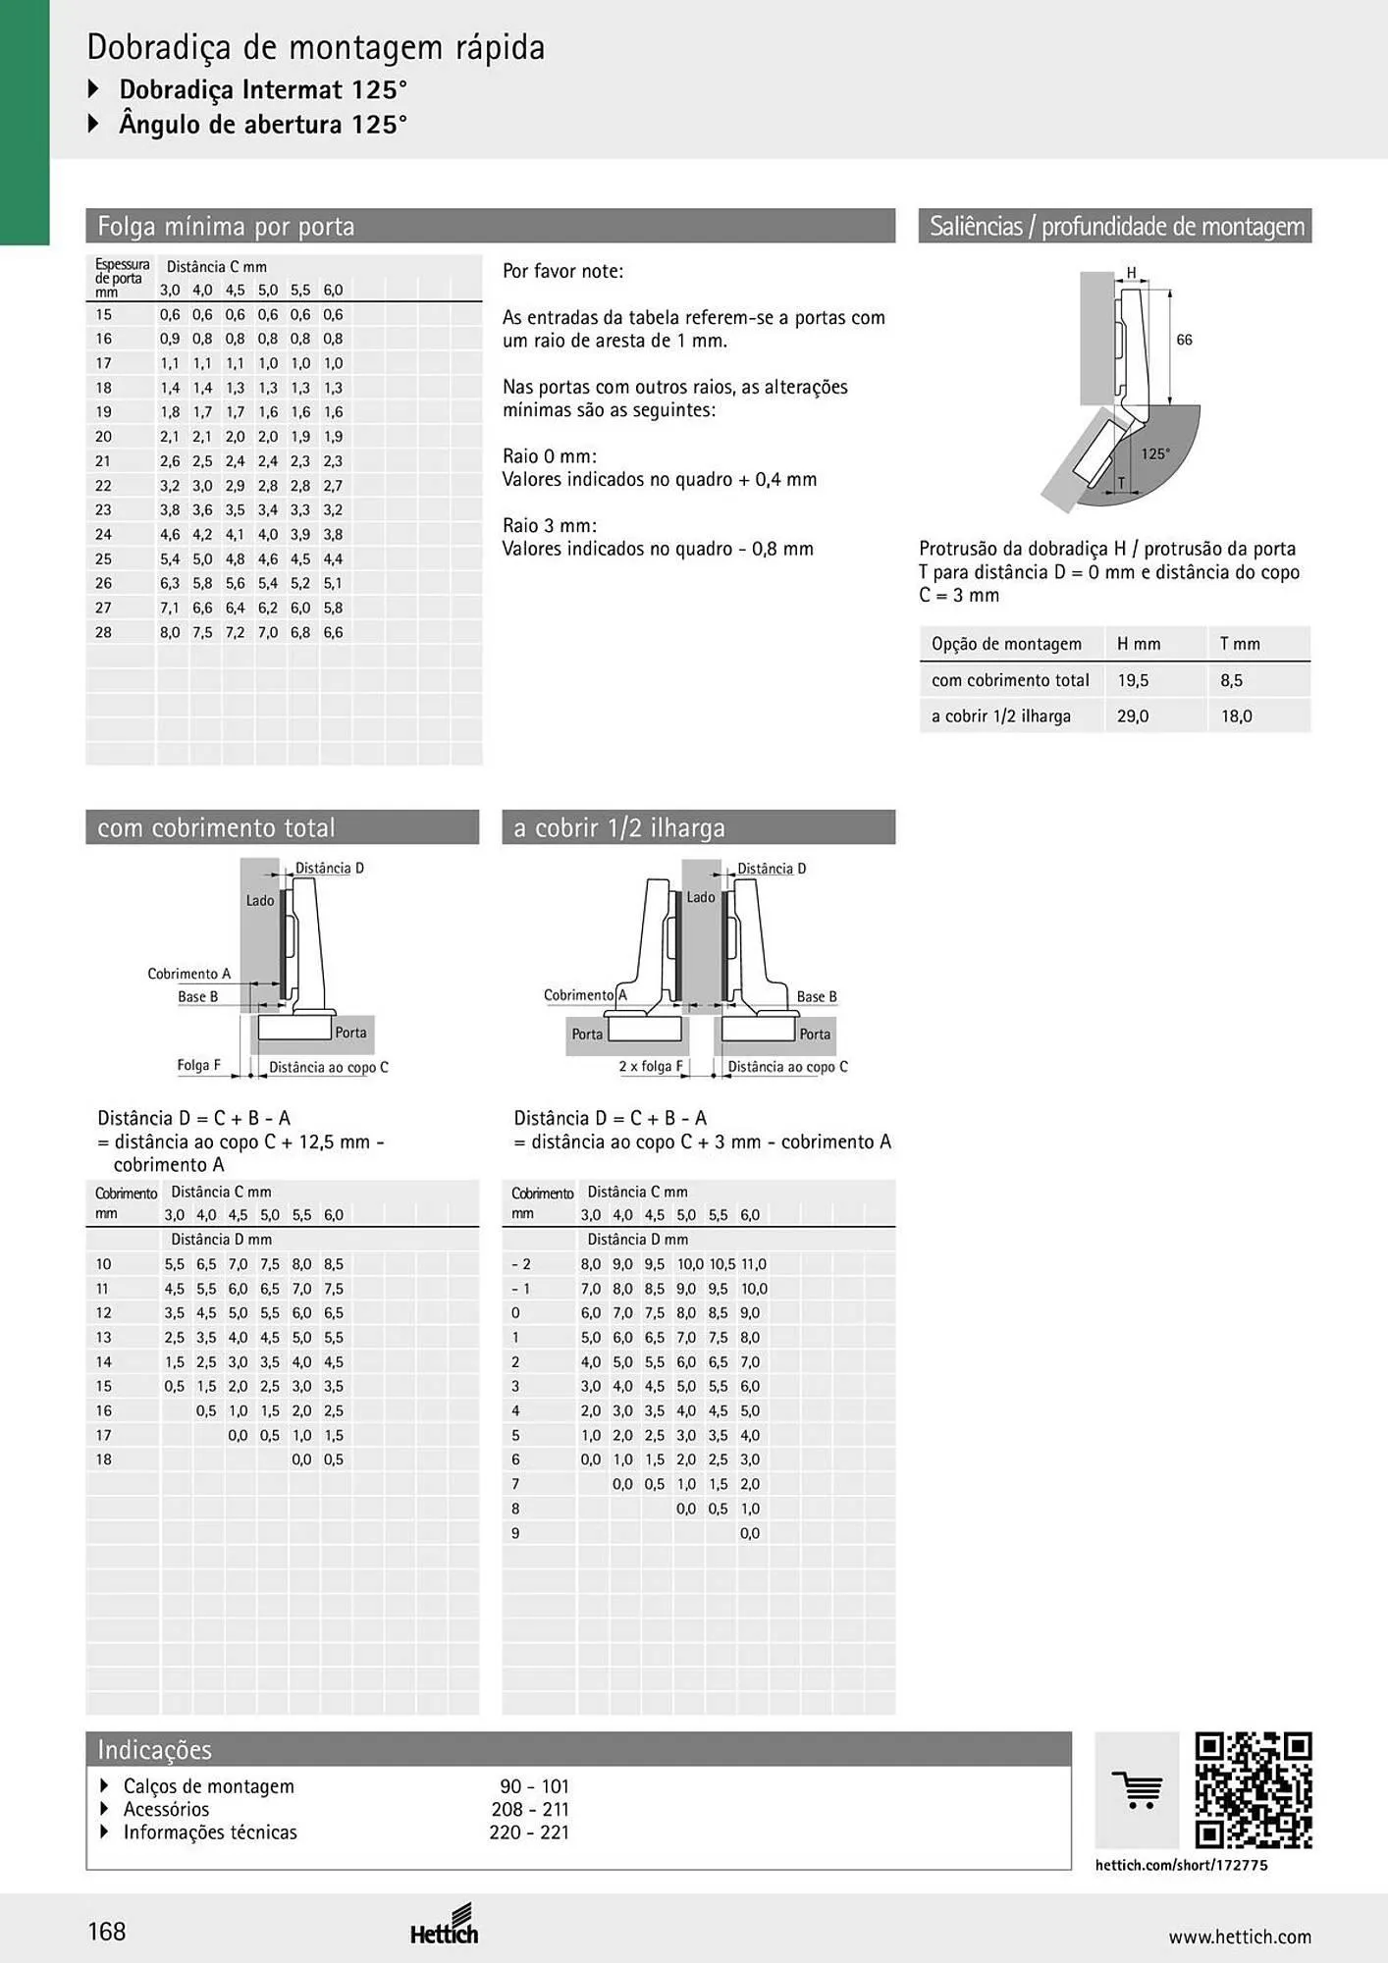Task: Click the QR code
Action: point(1254,1790)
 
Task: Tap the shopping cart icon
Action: point(1137,1790)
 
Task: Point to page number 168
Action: point(107,1932)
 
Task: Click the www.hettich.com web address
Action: point(1240,1936)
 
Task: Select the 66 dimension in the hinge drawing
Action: point(1184,340)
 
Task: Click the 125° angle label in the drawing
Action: point(1155,453)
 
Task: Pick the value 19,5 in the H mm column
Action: point(1133,680)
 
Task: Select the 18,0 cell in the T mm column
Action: point(1236,716)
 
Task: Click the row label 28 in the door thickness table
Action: point(103,633)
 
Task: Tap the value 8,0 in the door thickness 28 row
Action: point(170,633)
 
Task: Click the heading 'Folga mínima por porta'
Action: point(226,227)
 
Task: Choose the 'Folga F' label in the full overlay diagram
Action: point(198,1065)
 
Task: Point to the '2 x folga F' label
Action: point(651,1067)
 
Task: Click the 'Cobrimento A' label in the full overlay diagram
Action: point(189,974)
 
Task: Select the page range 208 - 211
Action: point(530,1809)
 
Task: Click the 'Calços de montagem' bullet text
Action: point(209,1786)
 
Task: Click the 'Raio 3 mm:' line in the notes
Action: point(550,525)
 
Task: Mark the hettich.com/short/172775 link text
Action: point(1181,1865)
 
